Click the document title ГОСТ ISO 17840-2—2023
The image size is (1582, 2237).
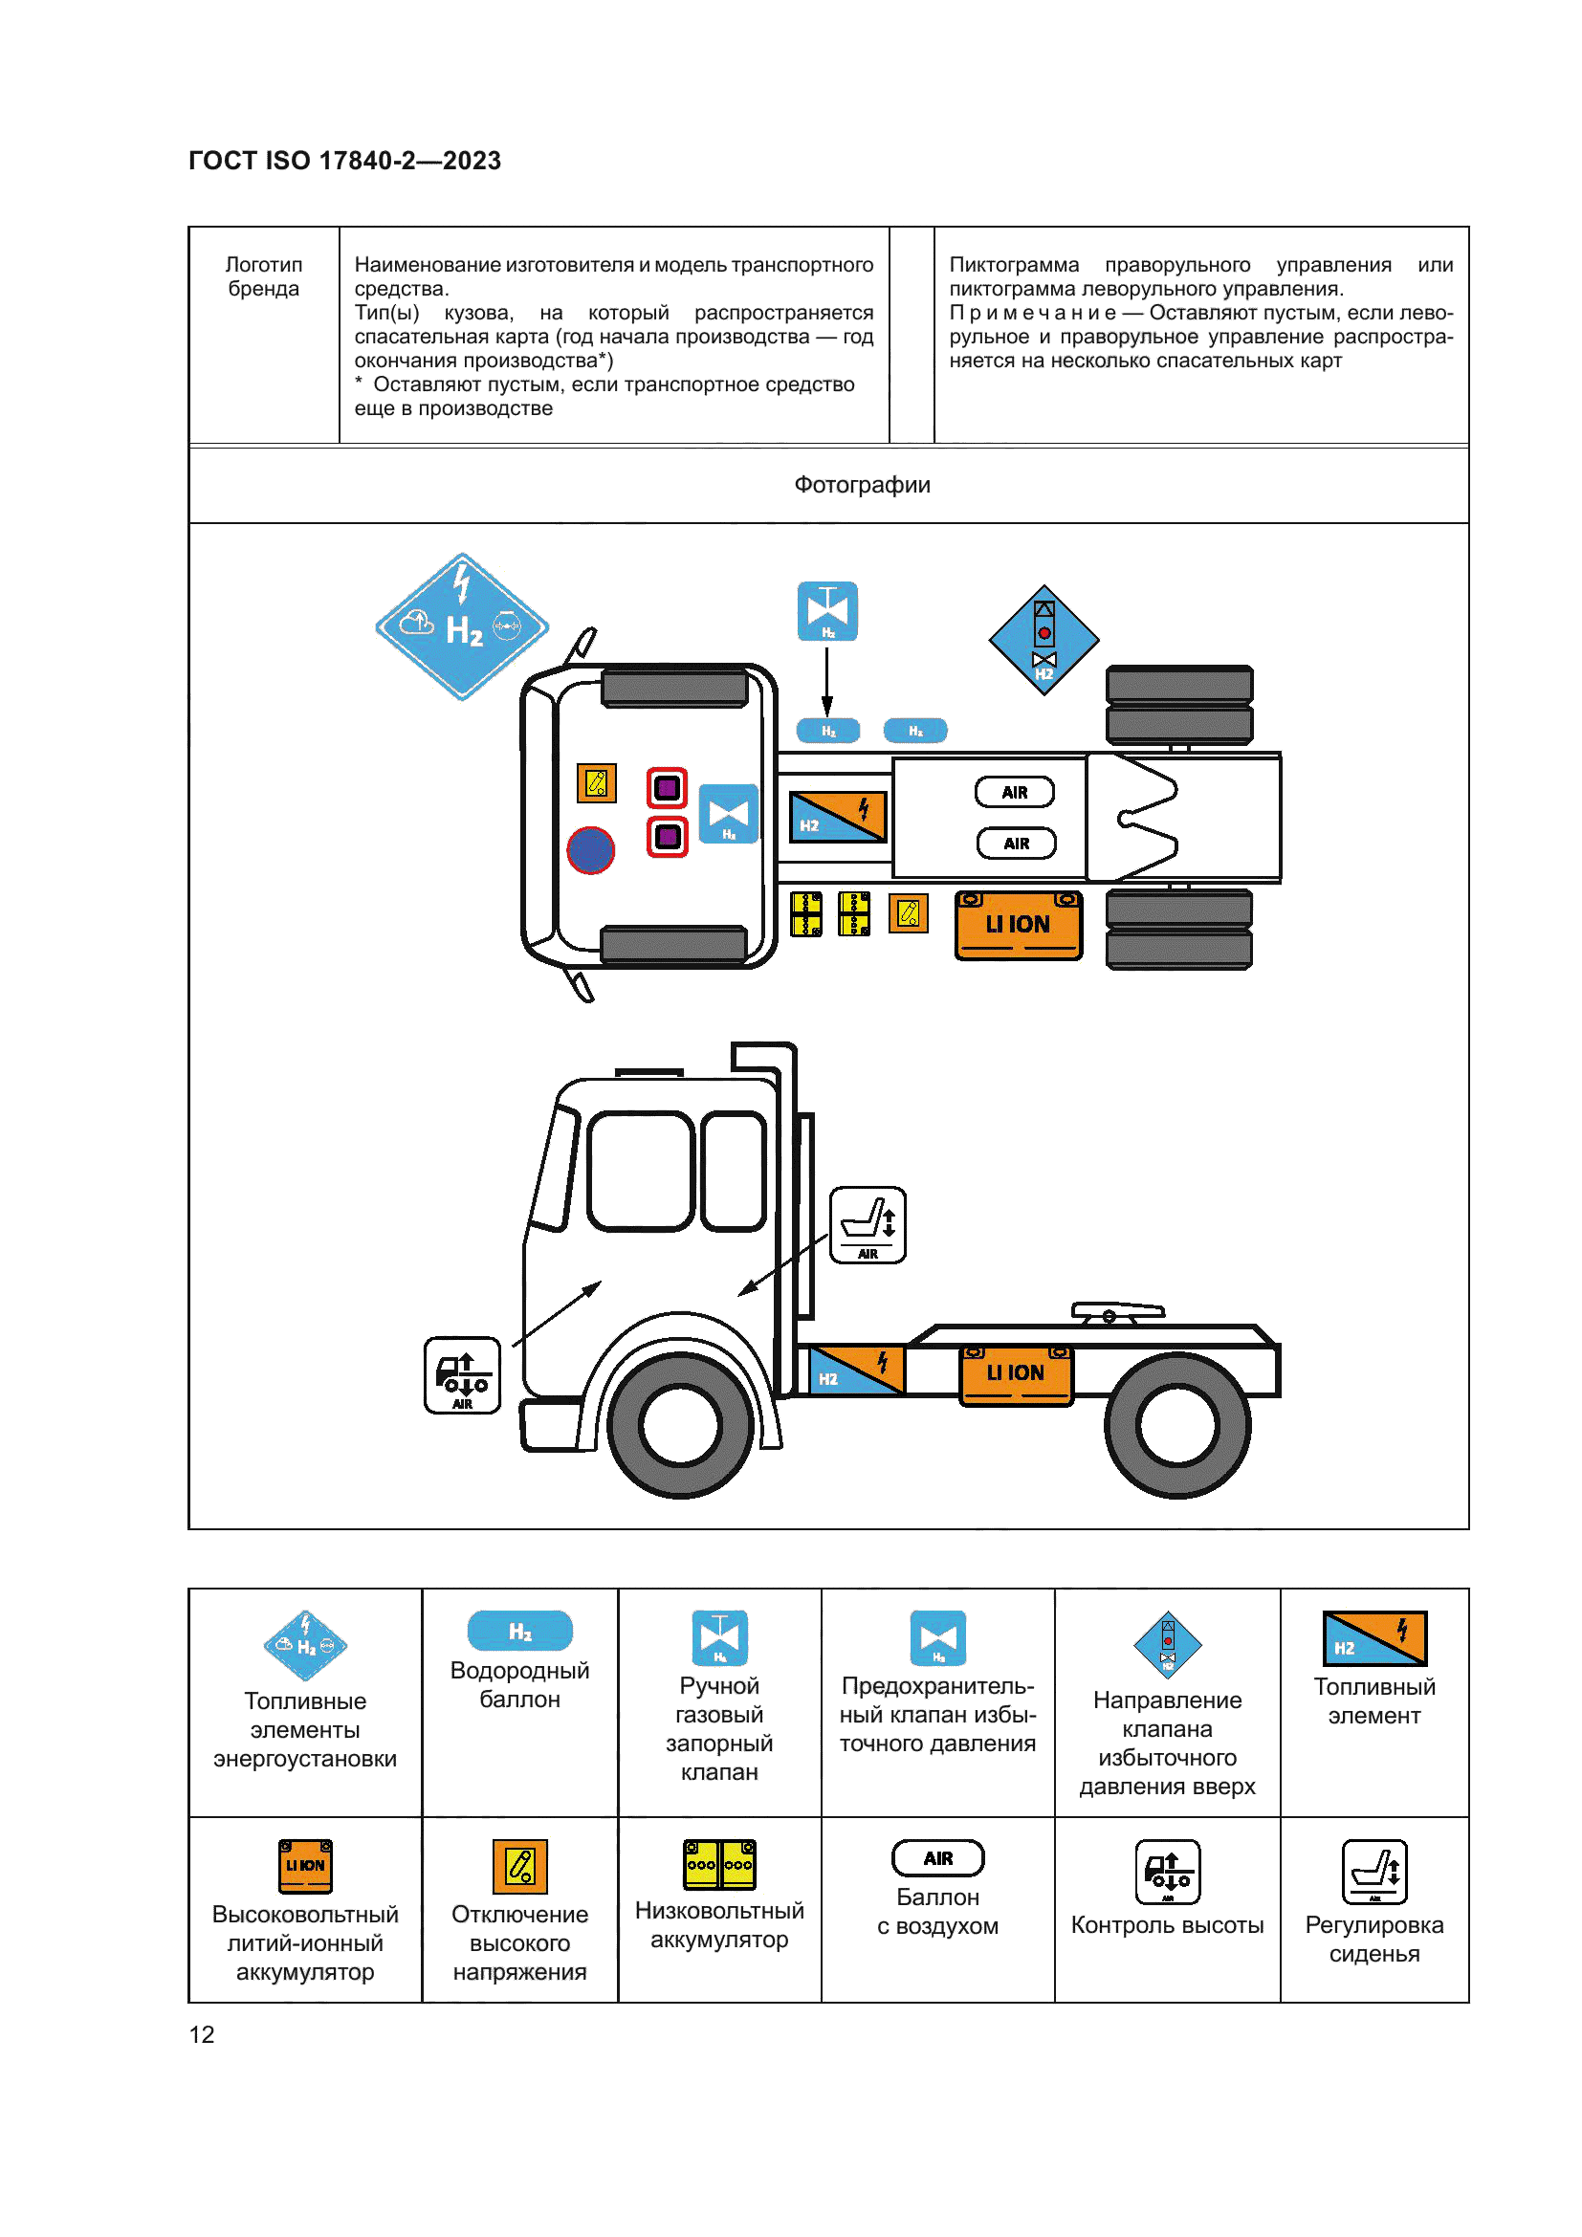click(345, 161)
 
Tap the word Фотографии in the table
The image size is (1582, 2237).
click(862, 485)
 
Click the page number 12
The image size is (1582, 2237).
click(202, 2034)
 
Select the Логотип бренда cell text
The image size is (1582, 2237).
click(264, 276)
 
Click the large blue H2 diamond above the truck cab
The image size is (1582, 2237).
click(462, 626)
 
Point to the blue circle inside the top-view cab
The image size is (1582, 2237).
click(590, 849)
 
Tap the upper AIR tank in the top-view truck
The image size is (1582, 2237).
click(1014, 792)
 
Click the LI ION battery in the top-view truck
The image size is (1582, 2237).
click(1018, 925)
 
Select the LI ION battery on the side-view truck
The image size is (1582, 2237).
click(1016, 1373)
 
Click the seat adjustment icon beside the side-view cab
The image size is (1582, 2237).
click(867, 1225)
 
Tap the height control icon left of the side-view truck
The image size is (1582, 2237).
click(463, 1374)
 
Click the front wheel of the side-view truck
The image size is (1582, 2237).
click(680, 1425)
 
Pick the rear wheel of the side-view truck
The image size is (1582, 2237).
click(1177, 1425)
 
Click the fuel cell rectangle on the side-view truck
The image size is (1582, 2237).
click(856, 1370)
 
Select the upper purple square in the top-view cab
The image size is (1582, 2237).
click(668, 787)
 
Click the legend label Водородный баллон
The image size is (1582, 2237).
click(519, 1684)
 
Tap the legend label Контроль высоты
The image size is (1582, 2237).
click(1167, 1925)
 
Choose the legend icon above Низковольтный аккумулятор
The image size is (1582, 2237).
click(719, 1864)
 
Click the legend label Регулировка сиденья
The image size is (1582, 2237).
click(1373, 1939)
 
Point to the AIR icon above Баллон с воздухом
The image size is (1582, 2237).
click(937, 1858)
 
